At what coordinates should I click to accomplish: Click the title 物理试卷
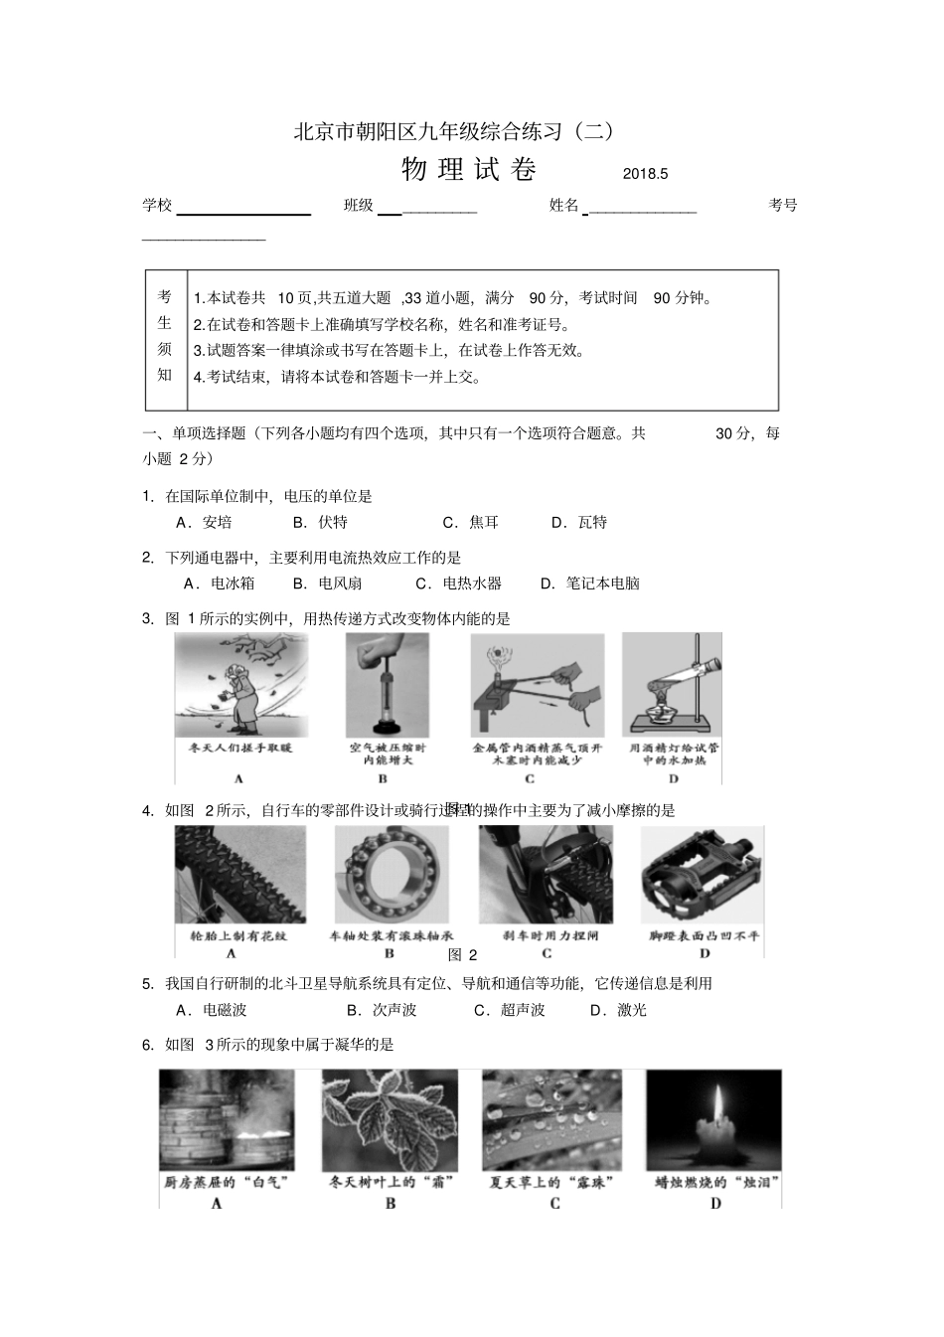point(468,170)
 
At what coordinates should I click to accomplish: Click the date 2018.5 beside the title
point(646,173)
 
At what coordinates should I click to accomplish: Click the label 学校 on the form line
point(157,205)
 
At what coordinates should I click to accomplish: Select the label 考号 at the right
point(783,205)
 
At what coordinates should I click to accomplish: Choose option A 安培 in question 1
point(205,522)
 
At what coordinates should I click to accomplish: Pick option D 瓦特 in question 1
point(579,522)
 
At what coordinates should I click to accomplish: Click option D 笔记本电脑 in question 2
point(590,584)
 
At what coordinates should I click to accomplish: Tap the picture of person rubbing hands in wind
point(241,685)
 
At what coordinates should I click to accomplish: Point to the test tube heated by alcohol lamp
point(672,685)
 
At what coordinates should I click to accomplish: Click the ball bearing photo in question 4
point(392,874)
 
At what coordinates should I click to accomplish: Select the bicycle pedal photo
point(702,874)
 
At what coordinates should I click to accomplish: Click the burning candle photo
point(713,1119)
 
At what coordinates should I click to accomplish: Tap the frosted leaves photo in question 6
point(390,1119)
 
